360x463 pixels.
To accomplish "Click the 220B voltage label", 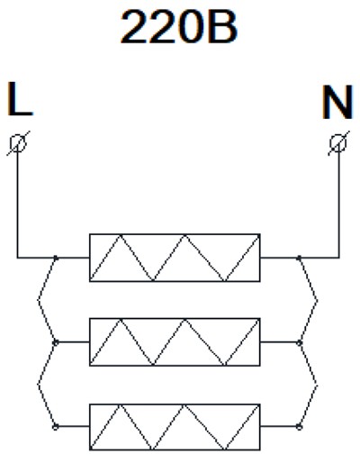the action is [x=179, y=27].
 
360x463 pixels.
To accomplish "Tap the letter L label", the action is [x=20, y=99].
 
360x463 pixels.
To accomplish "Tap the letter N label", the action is [x=337, y=102].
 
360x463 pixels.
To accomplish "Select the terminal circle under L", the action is [x=18, y=143].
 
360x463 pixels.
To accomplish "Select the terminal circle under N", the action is [x=338, y=143].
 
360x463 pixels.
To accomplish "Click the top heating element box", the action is [x=175, y=258].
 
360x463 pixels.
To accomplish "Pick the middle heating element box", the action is [x=175, y=342].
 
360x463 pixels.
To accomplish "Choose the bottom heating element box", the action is [x=175, y=427].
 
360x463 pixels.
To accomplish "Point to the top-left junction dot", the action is [x=56, y=258].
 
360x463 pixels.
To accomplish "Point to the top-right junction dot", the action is [x=299, y=258].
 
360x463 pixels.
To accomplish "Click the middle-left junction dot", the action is [x=56, y=342].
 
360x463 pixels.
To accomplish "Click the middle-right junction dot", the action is [x=299, y=342].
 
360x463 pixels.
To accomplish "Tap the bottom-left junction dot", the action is [x=56, y=426].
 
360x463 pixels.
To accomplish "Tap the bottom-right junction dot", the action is [x=299, y=426].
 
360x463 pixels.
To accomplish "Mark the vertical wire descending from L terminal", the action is [x=17, y=204].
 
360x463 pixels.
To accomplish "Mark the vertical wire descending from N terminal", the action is [x=339, y=204].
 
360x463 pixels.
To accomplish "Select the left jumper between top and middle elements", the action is [x=38, y=300].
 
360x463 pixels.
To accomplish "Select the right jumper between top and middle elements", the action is [x=317, y=300].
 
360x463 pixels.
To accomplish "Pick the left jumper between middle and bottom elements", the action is [x=38, y=384].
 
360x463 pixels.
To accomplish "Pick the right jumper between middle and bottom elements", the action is [x=317, y=384].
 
